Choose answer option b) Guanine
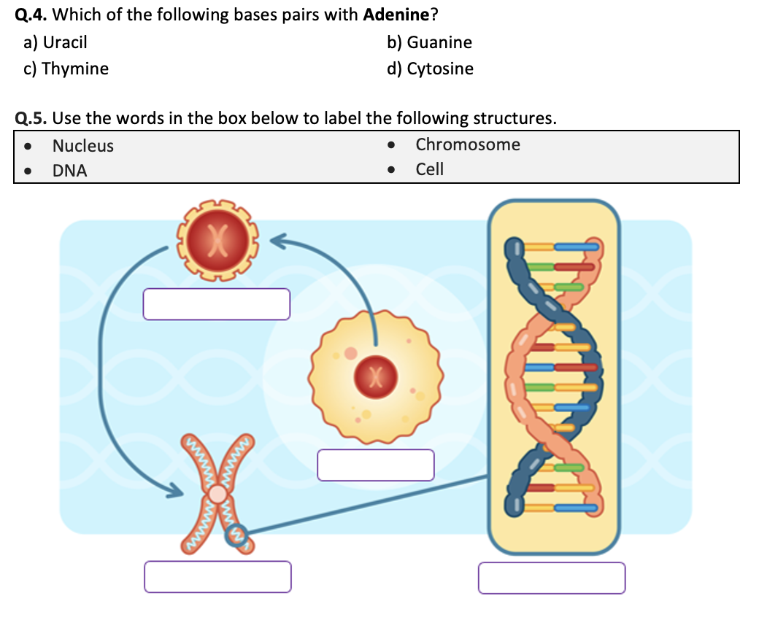[x=429, y=43]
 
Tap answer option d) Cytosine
[x=430, y=69]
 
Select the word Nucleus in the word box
[x=83, y=146]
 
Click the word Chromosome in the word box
[x=468, y=144]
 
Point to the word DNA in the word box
[x=69, y=171]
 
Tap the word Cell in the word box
[x=430, y=169]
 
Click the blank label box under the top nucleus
[x=217, y=304]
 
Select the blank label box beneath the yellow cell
[x=376, y=465]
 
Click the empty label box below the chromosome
[x=217, y=576]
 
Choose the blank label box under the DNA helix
[x=552, y=578]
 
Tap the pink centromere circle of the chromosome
[x=217, y=494]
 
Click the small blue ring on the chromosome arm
[x=240, y=536]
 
